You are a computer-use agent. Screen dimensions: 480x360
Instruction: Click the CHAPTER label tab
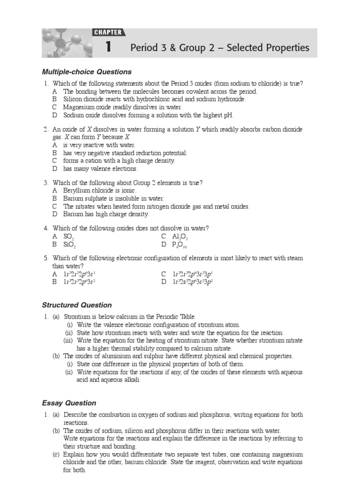pyautogui.click(x=108, y=32)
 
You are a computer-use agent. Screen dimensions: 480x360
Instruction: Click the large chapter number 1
pyautogui.click(x=108, y=47)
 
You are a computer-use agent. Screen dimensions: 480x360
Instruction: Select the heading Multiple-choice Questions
pyautogui.click(x=87, y=72)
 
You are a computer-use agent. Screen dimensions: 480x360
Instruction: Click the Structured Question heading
pyautogui.click(x=77, y=305)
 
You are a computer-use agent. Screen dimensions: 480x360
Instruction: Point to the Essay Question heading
pyautogui.click(x=69, y=403)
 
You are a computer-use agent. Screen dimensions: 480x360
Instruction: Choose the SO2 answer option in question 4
pyautogui.click(x=68, y=236)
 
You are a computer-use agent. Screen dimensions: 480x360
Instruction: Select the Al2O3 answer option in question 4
pyautogui.click(x=180, y=236)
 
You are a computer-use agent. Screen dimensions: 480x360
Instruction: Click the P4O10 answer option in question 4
pyautogui.click(x=181, y=244)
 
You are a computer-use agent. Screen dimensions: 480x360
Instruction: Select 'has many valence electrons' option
pyautogui.click(x=100, y=168)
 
